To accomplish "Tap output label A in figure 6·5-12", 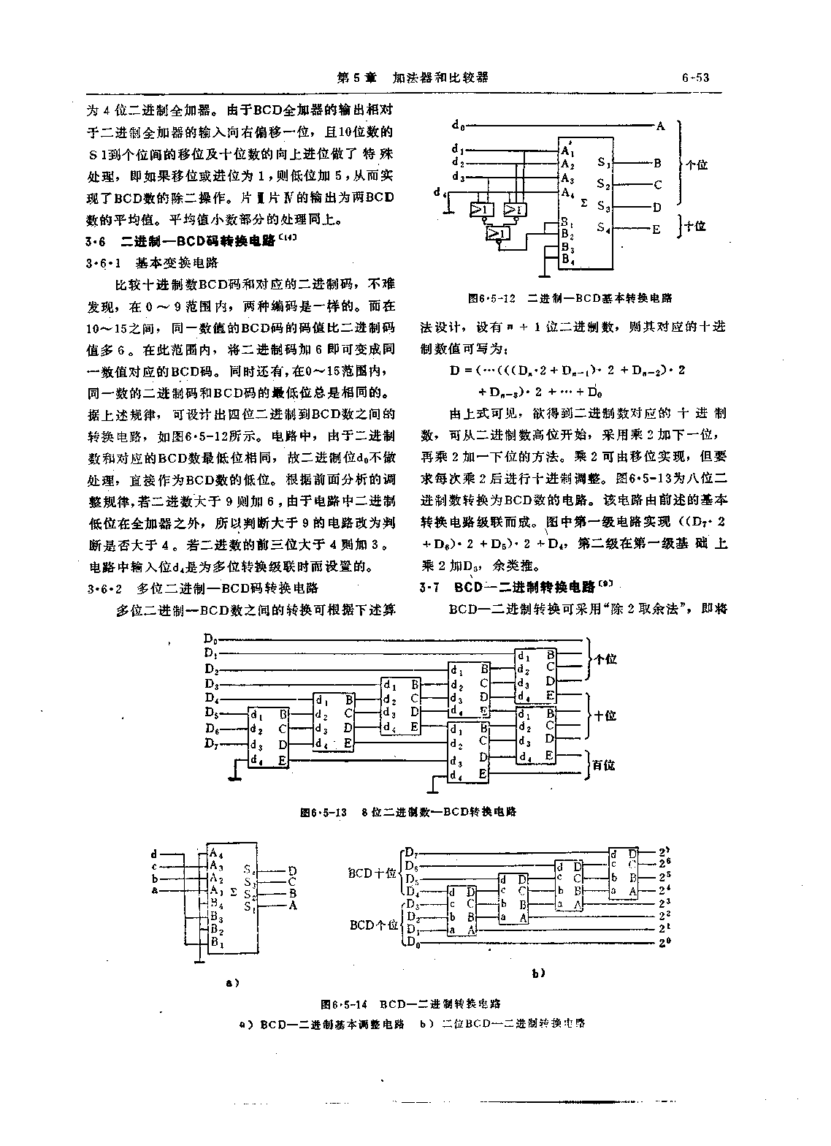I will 660,126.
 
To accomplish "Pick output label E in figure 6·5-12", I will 656,229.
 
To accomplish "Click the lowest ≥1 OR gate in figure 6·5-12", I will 498,233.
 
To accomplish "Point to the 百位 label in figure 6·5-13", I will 604,764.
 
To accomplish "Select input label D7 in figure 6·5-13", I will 210,744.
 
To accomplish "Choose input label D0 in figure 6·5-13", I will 210,639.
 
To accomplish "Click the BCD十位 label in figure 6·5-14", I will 372,873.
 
